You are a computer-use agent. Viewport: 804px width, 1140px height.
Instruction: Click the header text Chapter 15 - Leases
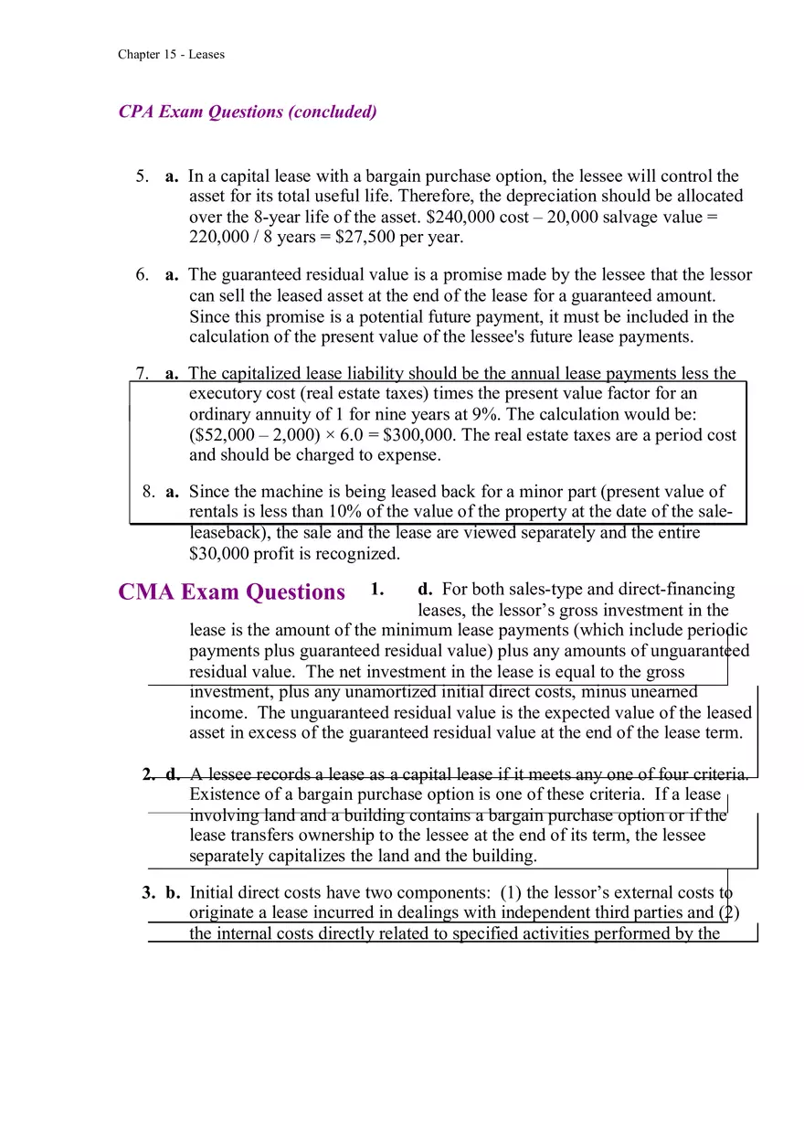[x=171, y=54]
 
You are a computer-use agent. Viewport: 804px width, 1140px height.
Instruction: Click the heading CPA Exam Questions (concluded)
[x=248, y=112]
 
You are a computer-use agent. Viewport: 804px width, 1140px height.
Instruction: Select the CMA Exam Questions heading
[x=231, y=591]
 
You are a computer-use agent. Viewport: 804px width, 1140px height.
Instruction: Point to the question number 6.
[x=142, y=275]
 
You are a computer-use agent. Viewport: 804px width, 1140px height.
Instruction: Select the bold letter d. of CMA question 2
[x=173, y=774]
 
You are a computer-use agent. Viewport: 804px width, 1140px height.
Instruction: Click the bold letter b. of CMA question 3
[x=173, y=892]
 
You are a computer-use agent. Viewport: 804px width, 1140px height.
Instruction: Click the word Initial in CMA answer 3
[x=211, y=892]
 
